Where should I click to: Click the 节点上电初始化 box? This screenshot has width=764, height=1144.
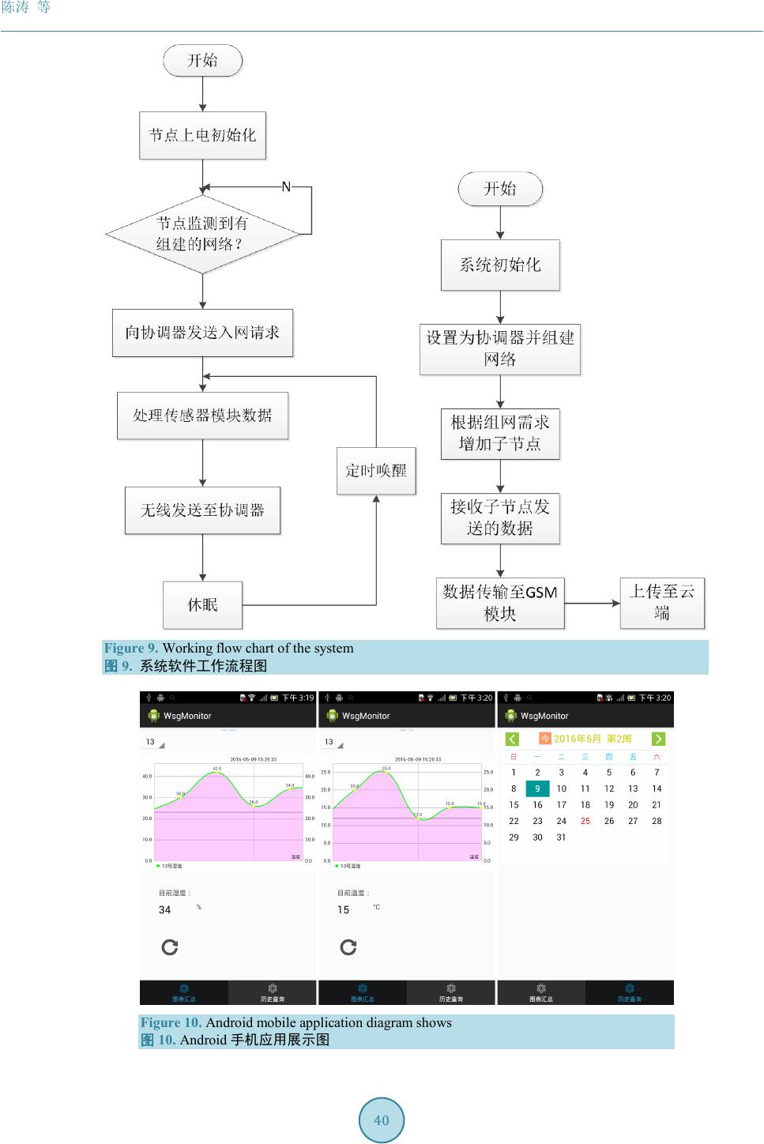pyautogui.click(x=202, y=135)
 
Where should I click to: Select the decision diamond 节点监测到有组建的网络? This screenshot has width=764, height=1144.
pyautogui.click(x=202, y=234)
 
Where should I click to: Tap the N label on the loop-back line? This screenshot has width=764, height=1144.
pyautogui.click(x=286, y=187)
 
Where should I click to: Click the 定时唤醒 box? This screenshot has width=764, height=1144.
pyautogui.click(x=376, y=471)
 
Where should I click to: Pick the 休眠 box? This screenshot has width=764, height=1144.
pyautogui.click(x=202, y=605)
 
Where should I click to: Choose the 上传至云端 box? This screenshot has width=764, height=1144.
pyautogui.click(x=661, y=603)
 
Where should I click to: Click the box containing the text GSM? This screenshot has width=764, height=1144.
pyautogui.click(x=500, y=603)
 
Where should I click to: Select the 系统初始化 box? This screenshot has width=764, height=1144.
pyautogui.click(x=500, y=265)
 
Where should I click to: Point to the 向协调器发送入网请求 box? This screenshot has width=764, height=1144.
pyautogui.click(x=202, y=333)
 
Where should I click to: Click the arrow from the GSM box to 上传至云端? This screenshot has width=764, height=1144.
pyautogui.click(x=593, y=604)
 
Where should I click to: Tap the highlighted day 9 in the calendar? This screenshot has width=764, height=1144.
pyautogui.click(x=537, y=788)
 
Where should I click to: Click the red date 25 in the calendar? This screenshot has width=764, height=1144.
pyautogui.click(x=585, y=821)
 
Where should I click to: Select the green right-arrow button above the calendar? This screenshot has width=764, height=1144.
pyautogui.click(x=658, y=739)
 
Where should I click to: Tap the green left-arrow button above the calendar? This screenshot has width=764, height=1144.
pyautogui.click(x=513, y=739)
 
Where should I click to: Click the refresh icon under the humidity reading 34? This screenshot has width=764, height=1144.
pyautogui.click(x=170, y=946)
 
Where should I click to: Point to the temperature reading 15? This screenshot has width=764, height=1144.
pyautogui.click(x=344, y=910)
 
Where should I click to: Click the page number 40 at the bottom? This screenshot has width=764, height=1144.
pyautogui.click(x=382, y=1120)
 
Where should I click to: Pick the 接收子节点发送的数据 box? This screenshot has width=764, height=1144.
pyautogui.click(x=500, y=517)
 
